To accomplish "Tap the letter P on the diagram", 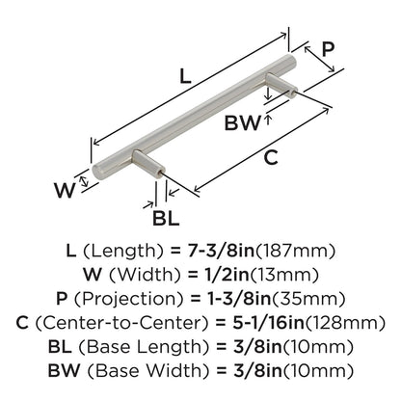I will [x=328, y=47].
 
